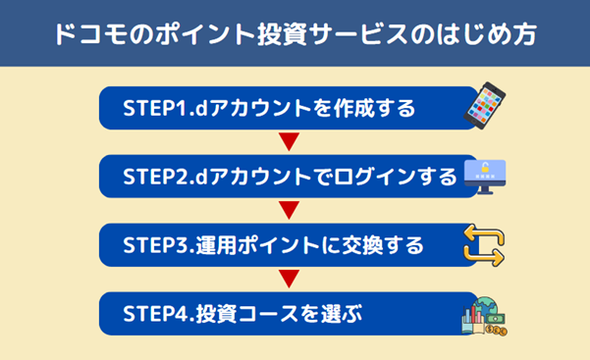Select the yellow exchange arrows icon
483,245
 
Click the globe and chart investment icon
482,317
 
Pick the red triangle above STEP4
289,281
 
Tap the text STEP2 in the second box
157,177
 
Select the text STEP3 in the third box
157,246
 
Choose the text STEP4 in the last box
157,316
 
